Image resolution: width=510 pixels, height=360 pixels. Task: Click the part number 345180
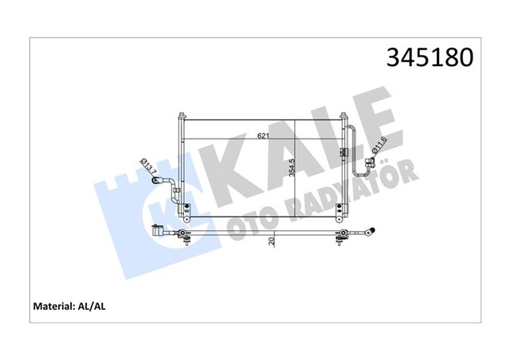click(430, 58)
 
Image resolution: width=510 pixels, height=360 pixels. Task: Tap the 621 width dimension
click(263, 135)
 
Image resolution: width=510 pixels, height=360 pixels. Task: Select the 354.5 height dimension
click(292, 168)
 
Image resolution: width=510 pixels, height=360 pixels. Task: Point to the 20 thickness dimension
click(272, 241)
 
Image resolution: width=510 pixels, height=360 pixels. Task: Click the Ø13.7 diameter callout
click(148, 166)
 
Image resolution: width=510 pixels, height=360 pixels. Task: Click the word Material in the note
click(53, 307)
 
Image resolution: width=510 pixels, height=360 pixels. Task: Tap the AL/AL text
click(92, 307)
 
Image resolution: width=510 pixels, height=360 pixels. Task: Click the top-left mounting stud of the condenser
click(182, 115)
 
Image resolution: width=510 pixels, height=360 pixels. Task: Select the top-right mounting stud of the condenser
click(343, 115)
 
